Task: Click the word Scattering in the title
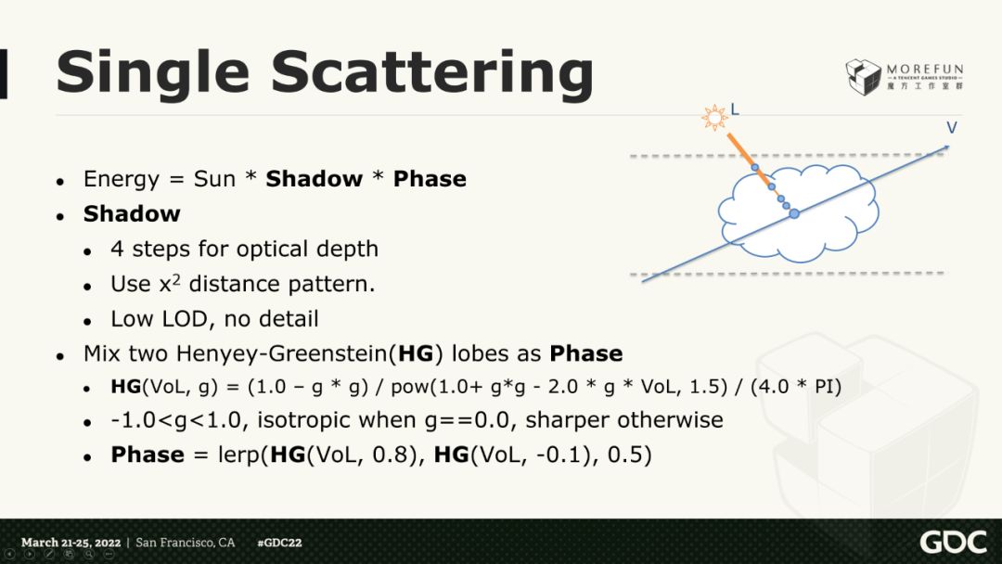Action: (x=433, y=73)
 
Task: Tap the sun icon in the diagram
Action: (x=714, y=118)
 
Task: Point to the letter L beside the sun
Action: (x=735, y=109)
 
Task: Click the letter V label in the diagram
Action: (x=952, y=128)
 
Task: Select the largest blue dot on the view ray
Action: (x=794, y=213)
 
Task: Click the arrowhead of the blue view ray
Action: (x=945, y=148)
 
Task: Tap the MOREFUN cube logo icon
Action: (x=864, y=77)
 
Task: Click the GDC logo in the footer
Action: (x=953, y=543)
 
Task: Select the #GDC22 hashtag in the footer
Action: (x=279, y=543)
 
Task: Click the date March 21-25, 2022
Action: (x=71, y=543)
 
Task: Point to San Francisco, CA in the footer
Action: (x=186, y=543)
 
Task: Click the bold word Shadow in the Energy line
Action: (x=314, y=179)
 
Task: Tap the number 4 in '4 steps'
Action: (x=117, y=249)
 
